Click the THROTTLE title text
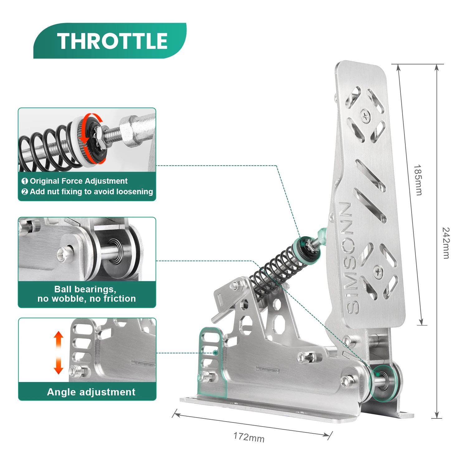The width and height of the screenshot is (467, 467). point(112,41)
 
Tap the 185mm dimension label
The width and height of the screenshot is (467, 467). point(418,180)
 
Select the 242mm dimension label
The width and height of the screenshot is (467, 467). point(446,243)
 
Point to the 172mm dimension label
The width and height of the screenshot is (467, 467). point(249,437)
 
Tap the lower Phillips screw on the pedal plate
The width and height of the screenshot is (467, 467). point(378,272)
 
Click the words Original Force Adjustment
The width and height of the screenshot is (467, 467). point(79,181)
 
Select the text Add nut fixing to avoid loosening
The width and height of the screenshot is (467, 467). point(91,191)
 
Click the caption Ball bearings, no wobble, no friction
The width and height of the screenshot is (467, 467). point(87,294)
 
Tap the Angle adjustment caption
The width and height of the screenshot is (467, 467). point(91,392)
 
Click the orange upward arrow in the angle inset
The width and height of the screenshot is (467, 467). point(59,340)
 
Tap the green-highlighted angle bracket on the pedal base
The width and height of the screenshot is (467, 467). point(212,361)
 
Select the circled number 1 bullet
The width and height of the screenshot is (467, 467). point(25,181)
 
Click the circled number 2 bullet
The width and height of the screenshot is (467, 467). point(25,192)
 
